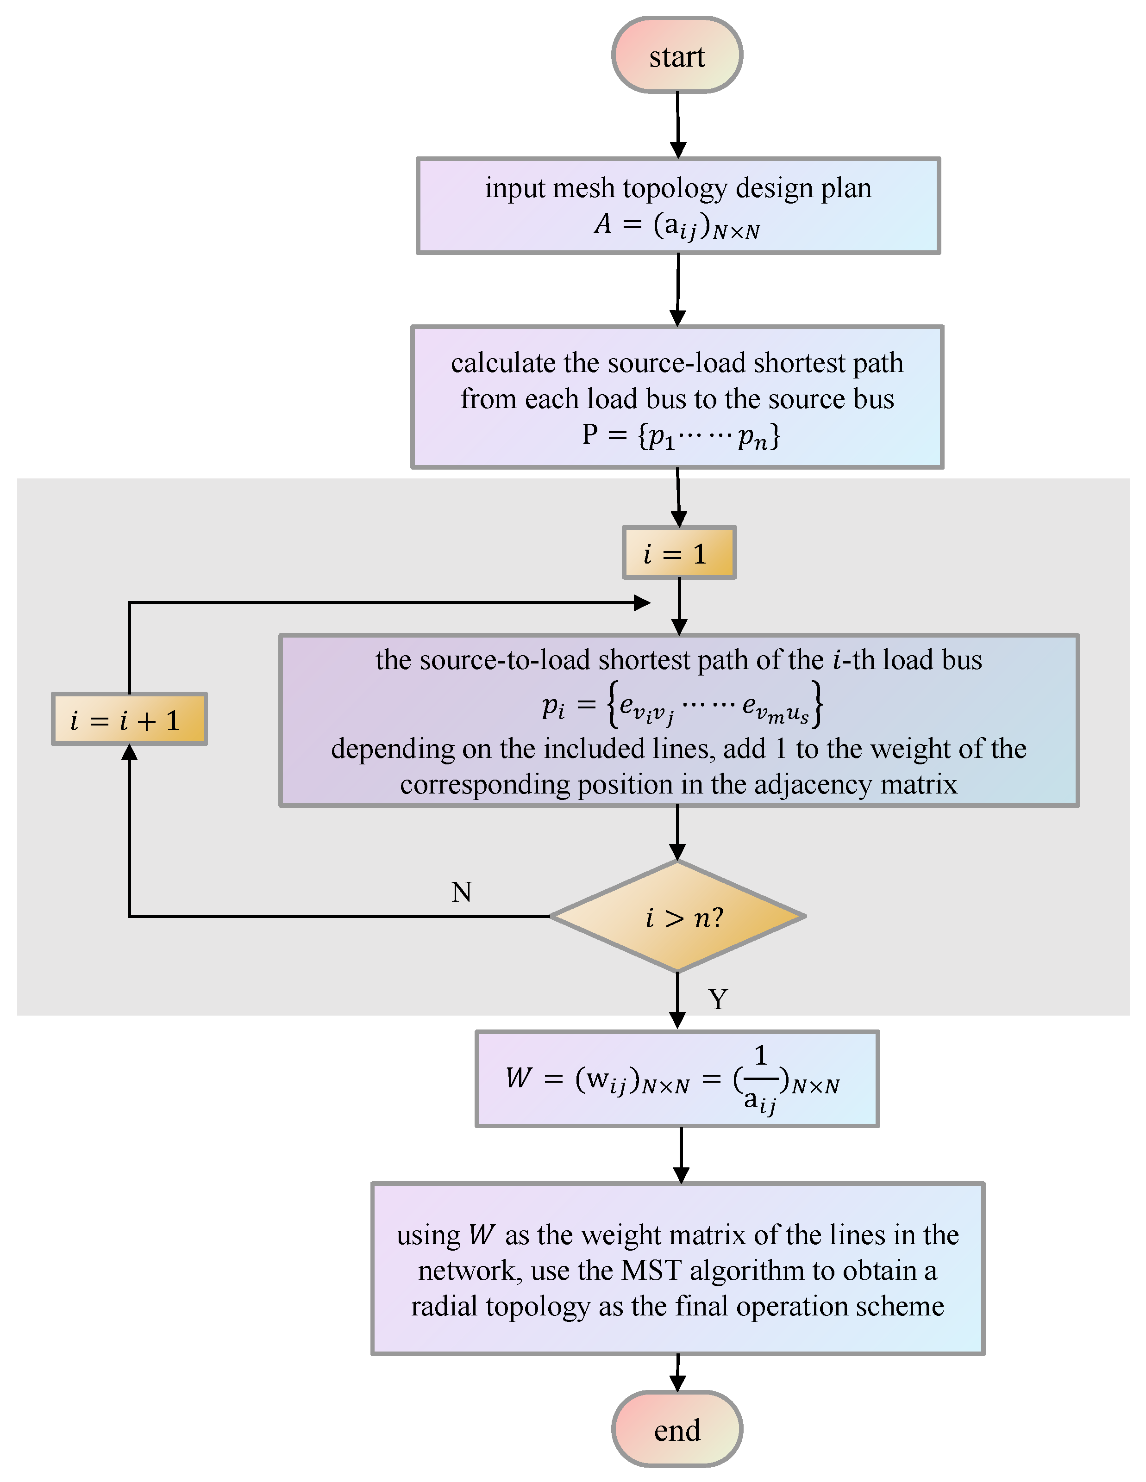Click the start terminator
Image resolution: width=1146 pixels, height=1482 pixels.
coord(677,55)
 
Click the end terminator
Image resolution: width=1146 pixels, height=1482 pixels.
coord(677,1430)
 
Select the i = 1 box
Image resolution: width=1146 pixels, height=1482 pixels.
coord(679,553)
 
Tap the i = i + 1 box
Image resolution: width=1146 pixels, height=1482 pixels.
coord(129,719)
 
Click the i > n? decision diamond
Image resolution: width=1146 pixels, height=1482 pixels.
coord(677,917)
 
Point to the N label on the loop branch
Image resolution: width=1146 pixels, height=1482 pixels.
coord(462,892)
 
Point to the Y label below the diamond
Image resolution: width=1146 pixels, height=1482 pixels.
coord(718,999)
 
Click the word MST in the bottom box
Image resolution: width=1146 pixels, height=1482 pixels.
coord(651,1270)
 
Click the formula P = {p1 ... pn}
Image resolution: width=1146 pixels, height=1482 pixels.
coord(680,435)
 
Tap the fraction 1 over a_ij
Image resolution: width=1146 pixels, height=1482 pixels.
coord(760,1079)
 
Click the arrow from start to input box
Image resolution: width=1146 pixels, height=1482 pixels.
coord(677,125)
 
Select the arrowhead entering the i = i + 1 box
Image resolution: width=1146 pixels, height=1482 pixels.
coord(129,752)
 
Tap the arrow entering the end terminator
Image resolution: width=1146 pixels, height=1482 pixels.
coord(677,1375)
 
